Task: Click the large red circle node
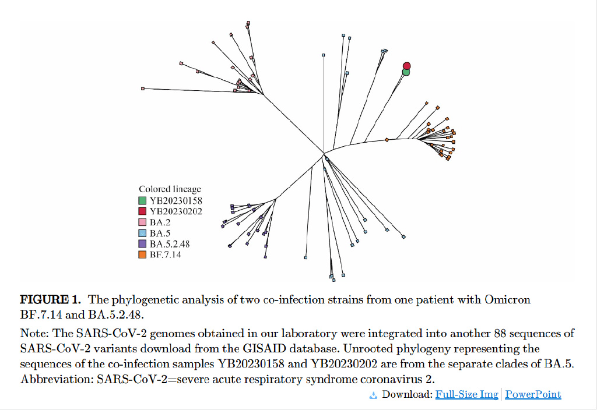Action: (407, 65)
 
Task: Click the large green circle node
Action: (406, 72)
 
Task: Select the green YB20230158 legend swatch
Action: (142, 200)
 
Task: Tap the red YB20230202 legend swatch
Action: (142, 211)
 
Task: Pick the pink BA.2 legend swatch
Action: (142, 222)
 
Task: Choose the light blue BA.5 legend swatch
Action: (142, 233)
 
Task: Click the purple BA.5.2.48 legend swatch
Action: (142, 243)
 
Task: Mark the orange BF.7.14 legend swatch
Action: (142, 255)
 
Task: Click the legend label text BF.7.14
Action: (166, 255)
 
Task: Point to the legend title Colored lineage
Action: (170, 189)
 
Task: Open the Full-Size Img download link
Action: (466, 395)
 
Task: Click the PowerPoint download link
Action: (533, 395)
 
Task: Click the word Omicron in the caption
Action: (507, 300)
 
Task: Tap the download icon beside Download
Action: (374, 395)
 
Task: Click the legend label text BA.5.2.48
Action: (170, 243)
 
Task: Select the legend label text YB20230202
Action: (175, 211)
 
